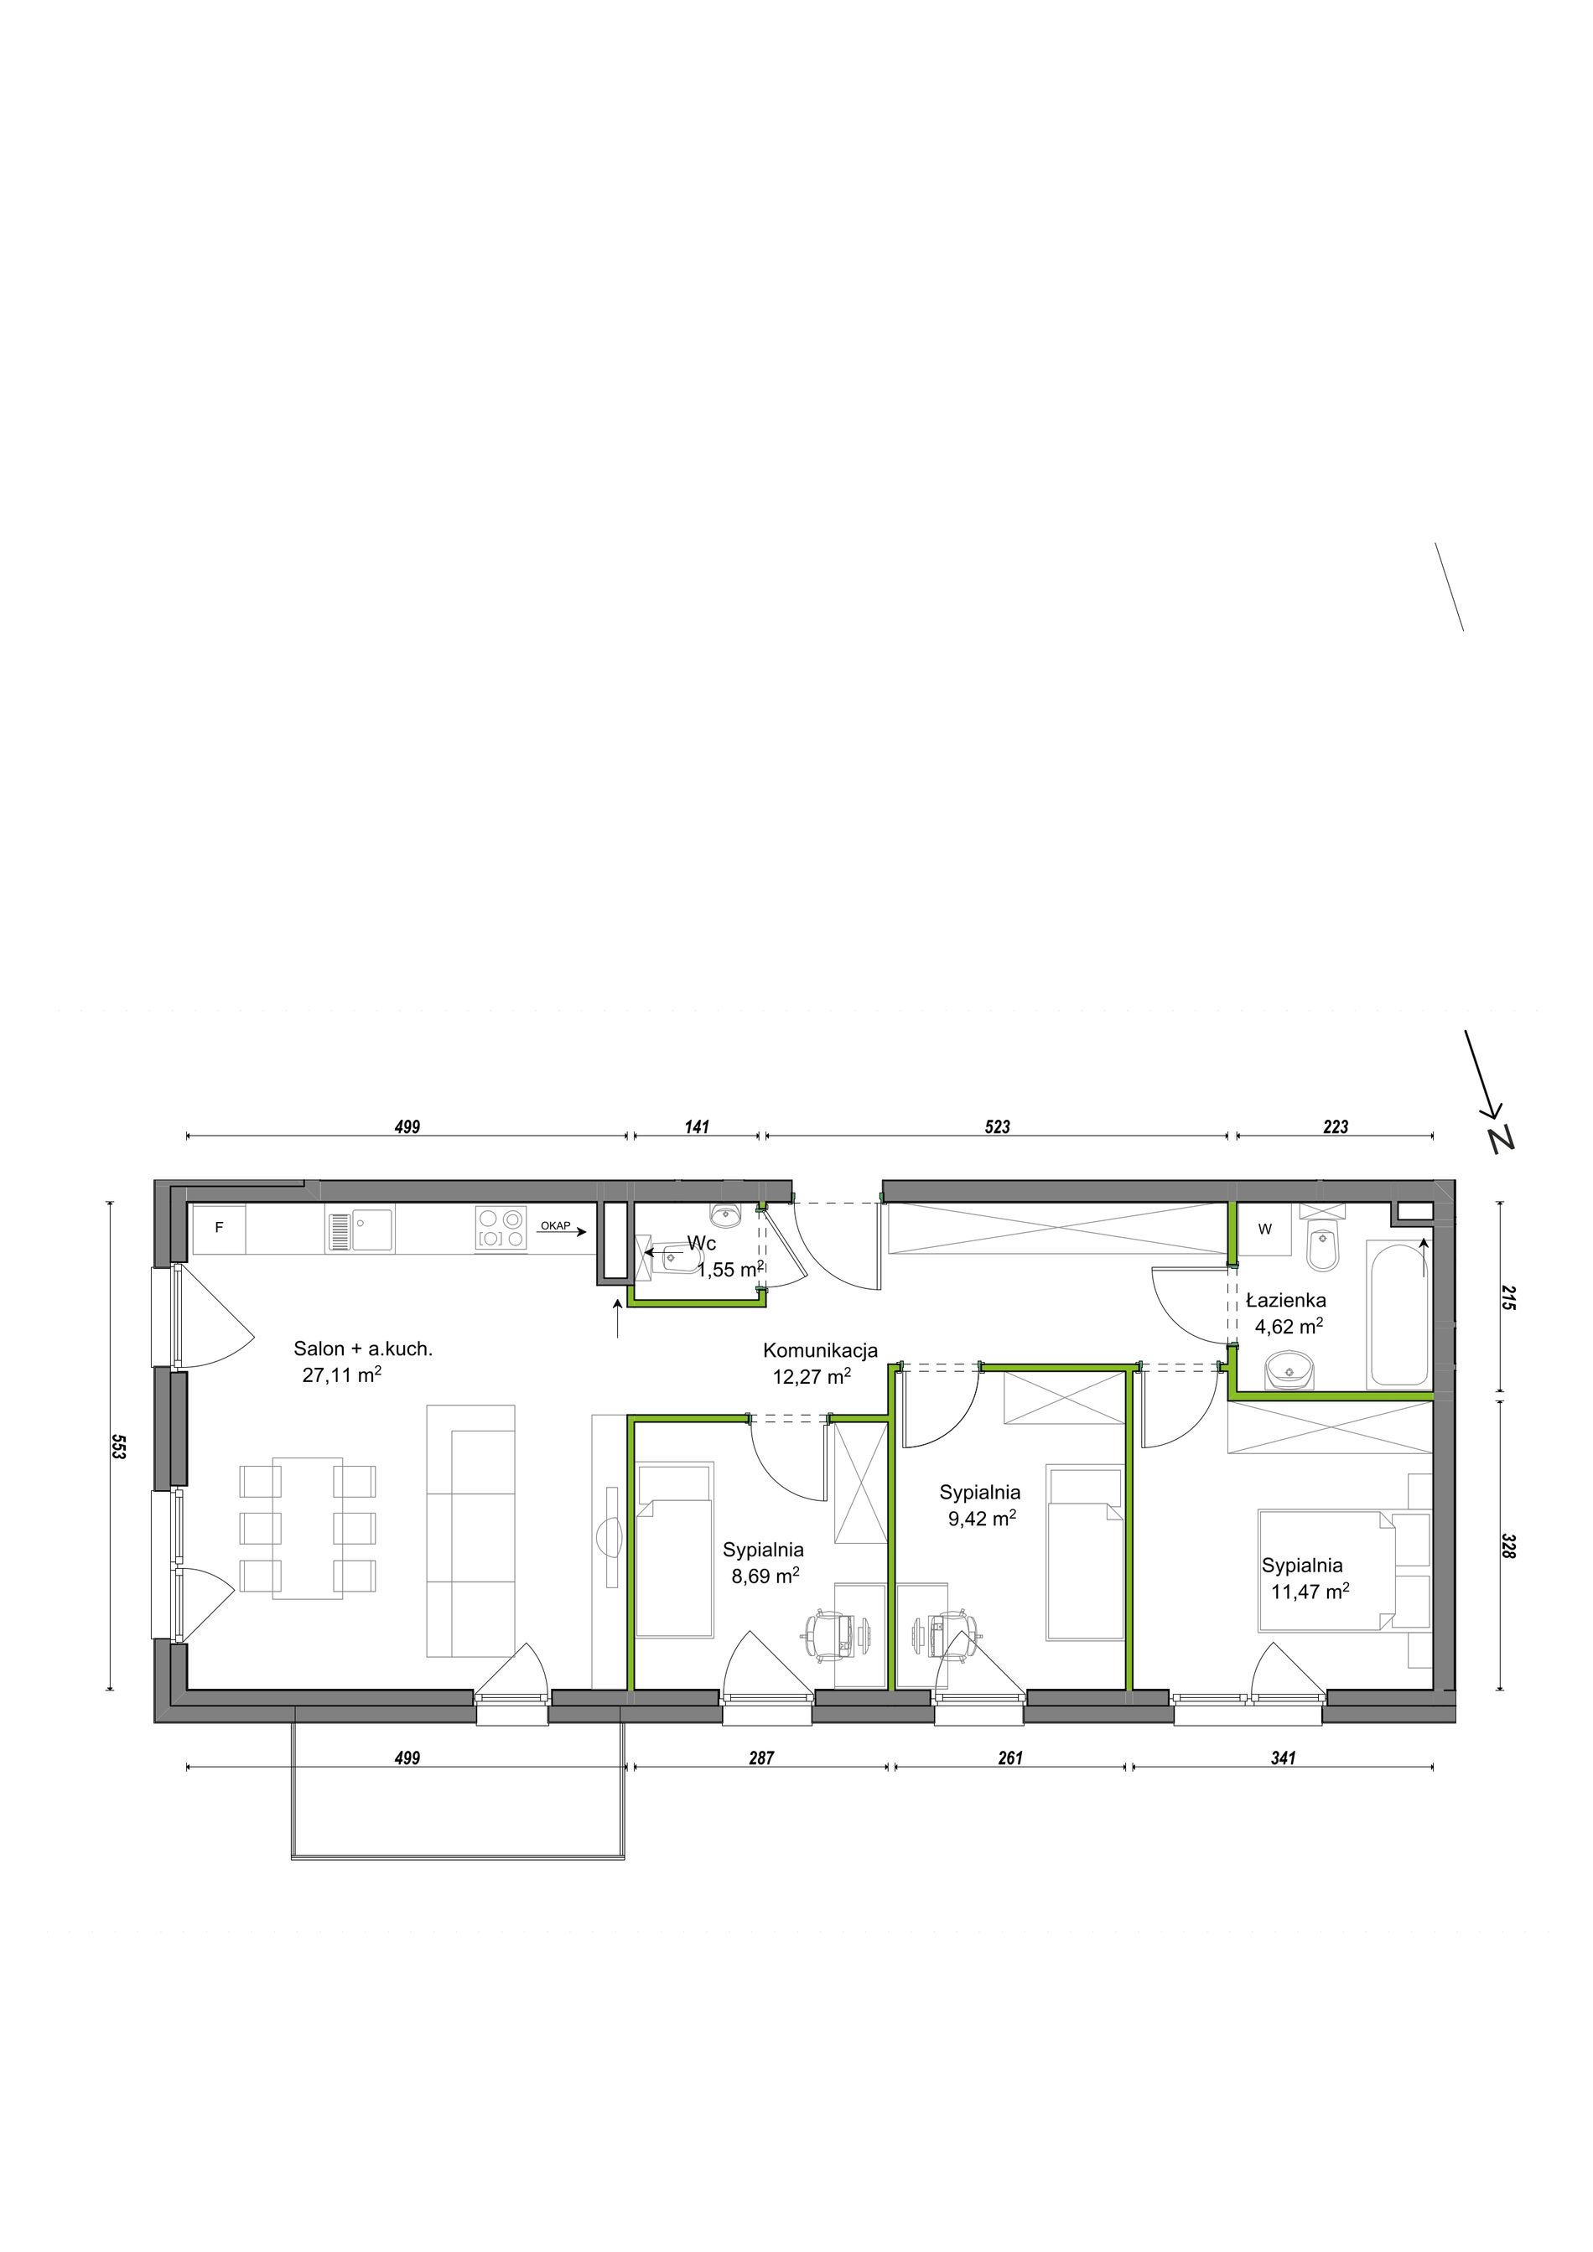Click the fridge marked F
219,1228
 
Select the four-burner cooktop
501,1228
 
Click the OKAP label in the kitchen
555,1226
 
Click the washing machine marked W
1265,1229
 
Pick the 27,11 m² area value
341,1374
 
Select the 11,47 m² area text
1310,1591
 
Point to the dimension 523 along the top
997,1127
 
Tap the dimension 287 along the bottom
761,1758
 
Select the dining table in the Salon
308,1527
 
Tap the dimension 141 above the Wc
697,1127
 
